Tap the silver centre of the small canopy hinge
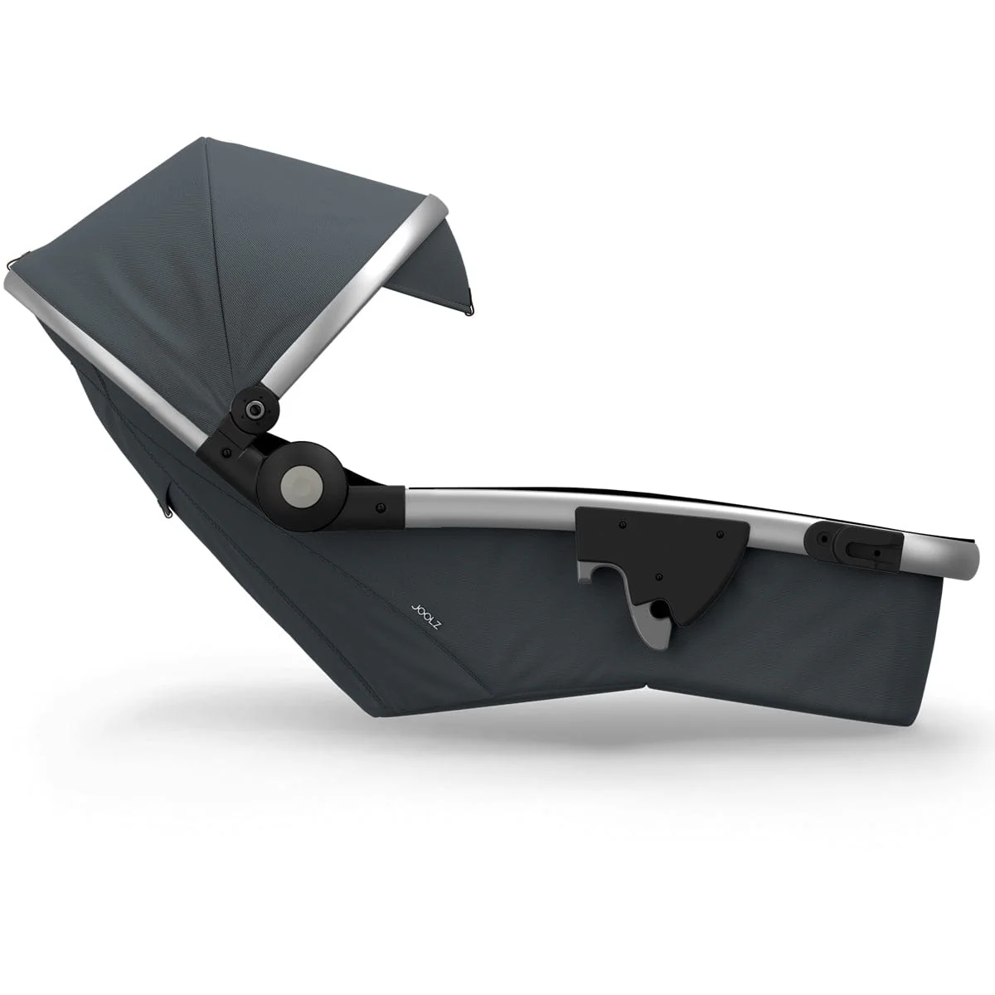pyautogui.click(x=255, y=409)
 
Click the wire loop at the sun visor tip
pyautogui.click(x=468, y=310)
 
